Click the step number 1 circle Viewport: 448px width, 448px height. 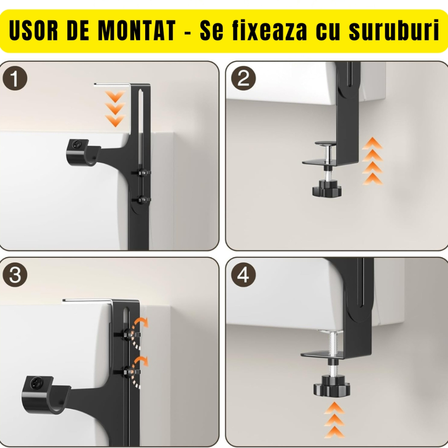tap(15, 80)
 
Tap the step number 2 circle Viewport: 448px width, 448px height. tap(243, 80)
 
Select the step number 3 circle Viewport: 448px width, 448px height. tap(15, 275)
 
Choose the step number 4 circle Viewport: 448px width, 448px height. tap(243, 275)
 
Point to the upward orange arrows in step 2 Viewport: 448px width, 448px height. tap(372, 162)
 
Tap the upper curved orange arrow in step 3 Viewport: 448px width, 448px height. tap(142, 323)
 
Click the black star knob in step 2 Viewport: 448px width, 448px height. tap(327, 189)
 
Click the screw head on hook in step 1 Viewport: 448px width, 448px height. tap(77, 146)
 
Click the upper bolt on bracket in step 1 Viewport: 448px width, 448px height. tap(141, 172)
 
